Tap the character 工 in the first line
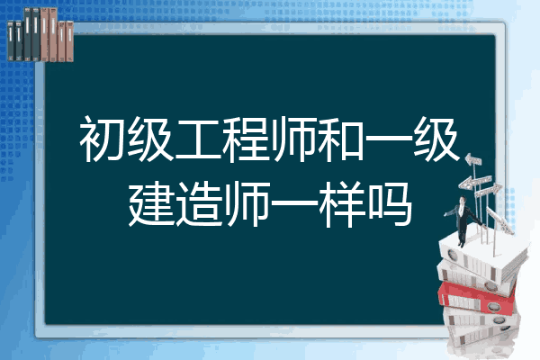(198, 139)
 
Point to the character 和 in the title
(340, 139)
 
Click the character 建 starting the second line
(151, 204)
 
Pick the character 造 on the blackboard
(198, 204)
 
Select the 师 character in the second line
(247, 204)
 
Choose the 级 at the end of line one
(436, 139)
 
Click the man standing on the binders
(463, 220)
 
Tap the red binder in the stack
(477, 297)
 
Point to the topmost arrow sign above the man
(473, 159)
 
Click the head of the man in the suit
(462, 200)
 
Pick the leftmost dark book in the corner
(11, 40)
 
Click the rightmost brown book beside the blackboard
(70, 41)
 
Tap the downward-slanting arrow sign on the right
(499, 220)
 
